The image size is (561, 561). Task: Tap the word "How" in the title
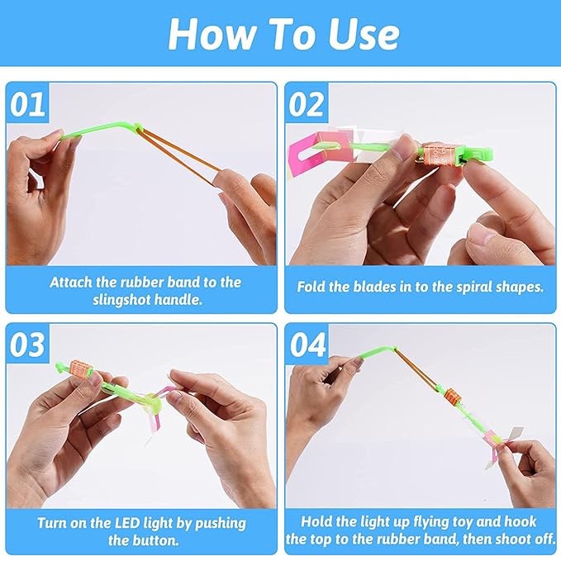click(212, 34)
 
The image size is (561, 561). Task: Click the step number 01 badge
click(28, 104)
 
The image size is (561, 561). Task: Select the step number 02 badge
click(307, 104)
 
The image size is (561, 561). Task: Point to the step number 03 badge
click(28, 345)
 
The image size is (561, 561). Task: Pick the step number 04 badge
click(307, 345)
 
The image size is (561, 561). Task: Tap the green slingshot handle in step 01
click(100, 130)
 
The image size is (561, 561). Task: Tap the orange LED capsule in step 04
click(451, 398)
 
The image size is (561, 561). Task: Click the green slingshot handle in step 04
click(375, 352)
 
